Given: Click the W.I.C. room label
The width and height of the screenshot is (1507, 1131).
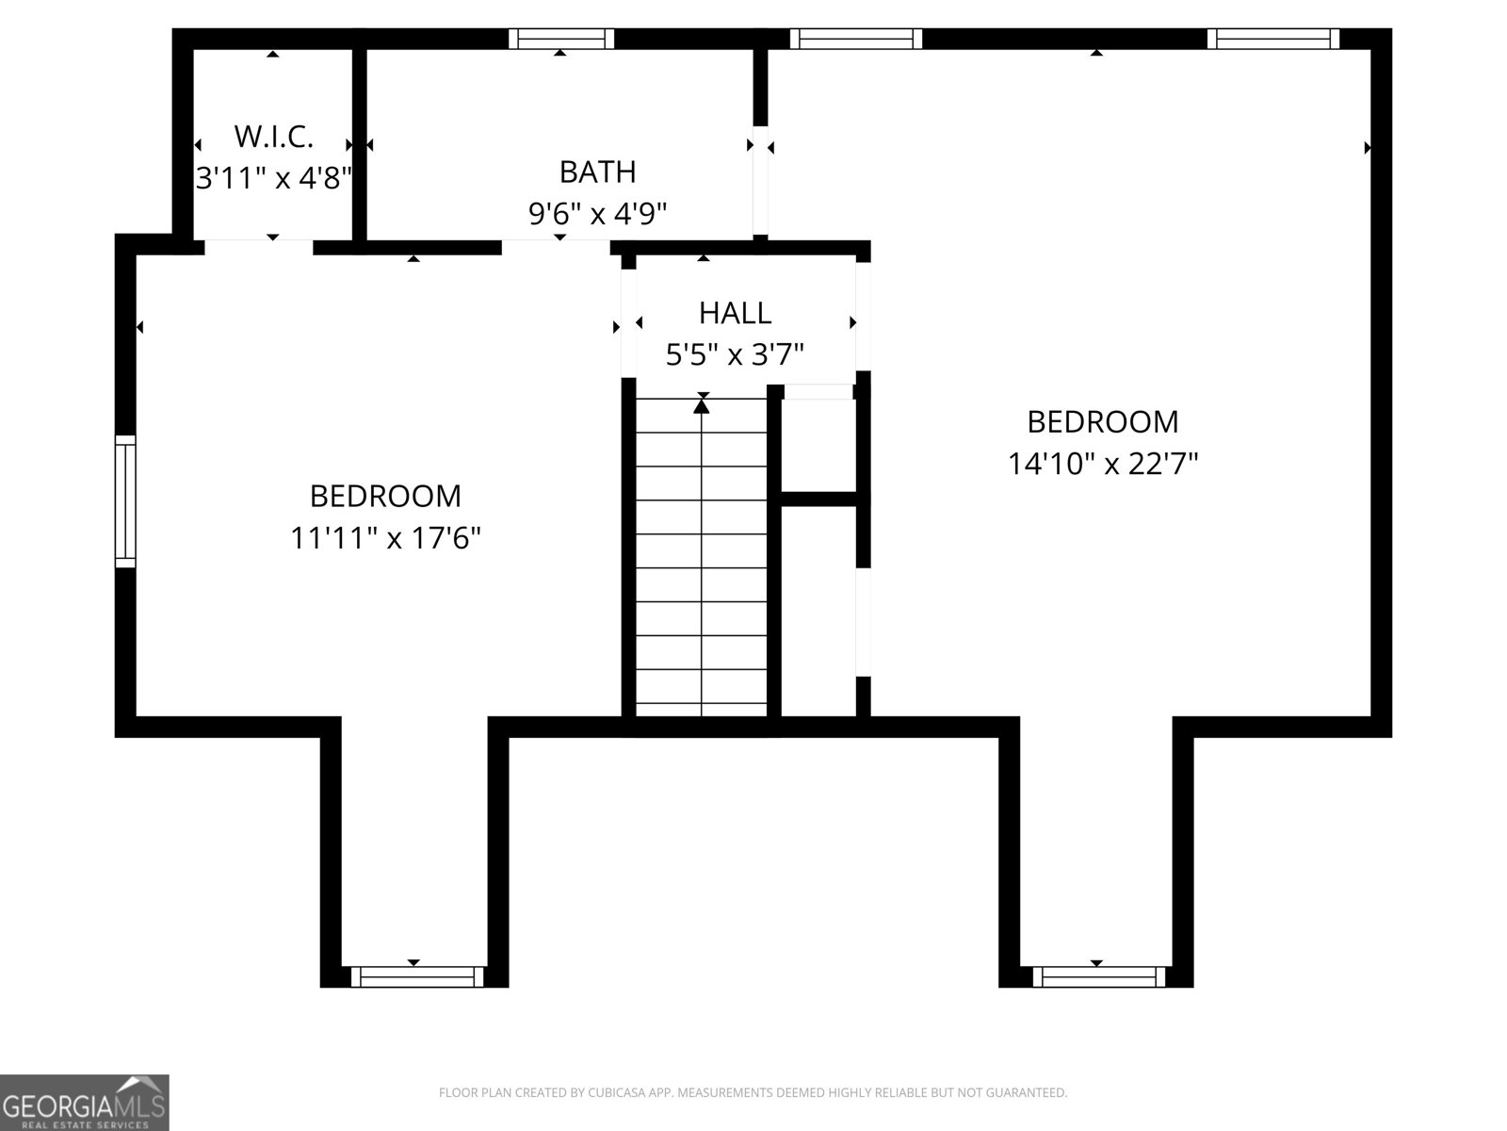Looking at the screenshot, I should tap(273, 137).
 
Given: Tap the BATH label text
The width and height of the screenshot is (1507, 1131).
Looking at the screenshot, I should tap(597, 172).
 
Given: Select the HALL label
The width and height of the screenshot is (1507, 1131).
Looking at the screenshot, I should tap(735, 312).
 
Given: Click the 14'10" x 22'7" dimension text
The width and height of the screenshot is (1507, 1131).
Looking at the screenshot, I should tap(1102, 464).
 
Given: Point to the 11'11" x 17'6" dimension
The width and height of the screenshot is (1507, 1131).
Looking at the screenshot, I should tap(385, 538).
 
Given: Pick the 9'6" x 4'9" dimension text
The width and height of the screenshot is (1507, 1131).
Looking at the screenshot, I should tap(597, 214).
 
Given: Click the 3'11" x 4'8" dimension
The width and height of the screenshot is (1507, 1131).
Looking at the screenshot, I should tap(273, 177).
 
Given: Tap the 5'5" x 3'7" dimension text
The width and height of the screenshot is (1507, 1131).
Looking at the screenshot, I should tap(735, 354).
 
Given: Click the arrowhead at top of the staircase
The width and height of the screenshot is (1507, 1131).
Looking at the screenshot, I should tap(702, 406).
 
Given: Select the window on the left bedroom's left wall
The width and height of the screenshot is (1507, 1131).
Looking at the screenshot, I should tap(125, 501).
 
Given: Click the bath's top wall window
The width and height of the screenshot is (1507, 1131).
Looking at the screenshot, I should tap(561, 39).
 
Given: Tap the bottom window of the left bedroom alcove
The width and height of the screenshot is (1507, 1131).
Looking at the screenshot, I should tap(415, 975).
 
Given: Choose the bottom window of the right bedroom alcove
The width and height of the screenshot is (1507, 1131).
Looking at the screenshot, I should tap(1097, 975).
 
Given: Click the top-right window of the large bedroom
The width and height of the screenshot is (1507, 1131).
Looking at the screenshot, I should tap(1273, 39).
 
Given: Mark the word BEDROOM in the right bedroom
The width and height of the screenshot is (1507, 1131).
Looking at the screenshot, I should tap(1102, 421).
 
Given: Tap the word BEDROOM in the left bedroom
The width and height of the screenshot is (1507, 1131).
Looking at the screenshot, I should tap(385, 496).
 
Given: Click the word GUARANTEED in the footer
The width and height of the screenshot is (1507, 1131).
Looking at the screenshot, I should tap(1031, 1093).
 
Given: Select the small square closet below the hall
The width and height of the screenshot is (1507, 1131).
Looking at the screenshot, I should tap(818, 443).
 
